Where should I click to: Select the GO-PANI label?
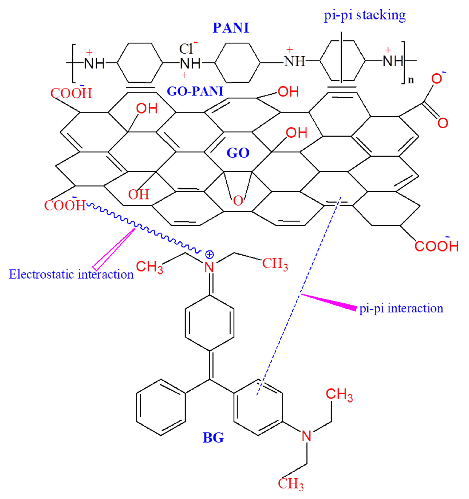(x=195, y=91)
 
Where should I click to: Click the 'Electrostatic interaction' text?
(x=71, y=274)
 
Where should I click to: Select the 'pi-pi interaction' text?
(x=401, y=308)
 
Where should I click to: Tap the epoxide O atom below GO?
(x=238, y=201)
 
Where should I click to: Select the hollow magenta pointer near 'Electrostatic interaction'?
(x=113, y=249)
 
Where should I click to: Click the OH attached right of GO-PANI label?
(x=288, y=92)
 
